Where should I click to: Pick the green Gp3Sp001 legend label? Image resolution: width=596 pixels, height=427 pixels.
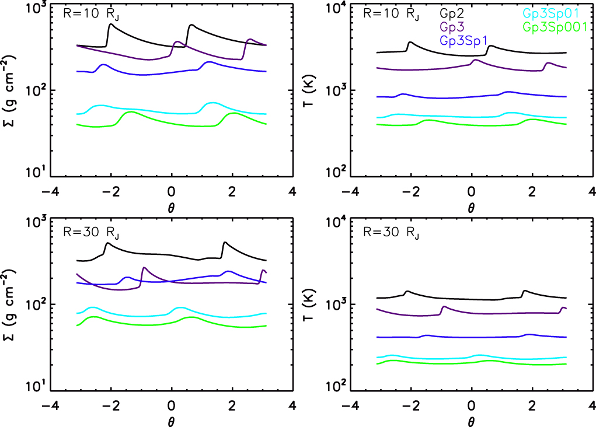coord(555,28)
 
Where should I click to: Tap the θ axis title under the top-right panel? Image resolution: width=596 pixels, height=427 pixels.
coord(471,206)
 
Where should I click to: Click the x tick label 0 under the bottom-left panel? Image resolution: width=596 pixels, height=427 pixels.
coord(171,404)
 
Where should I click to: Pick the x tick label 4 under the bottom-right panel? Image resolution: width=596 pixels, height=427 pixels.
coord(591,404)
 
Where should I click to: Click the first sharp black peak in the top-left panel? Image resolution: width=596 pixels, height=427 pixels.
coord(110,24)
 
